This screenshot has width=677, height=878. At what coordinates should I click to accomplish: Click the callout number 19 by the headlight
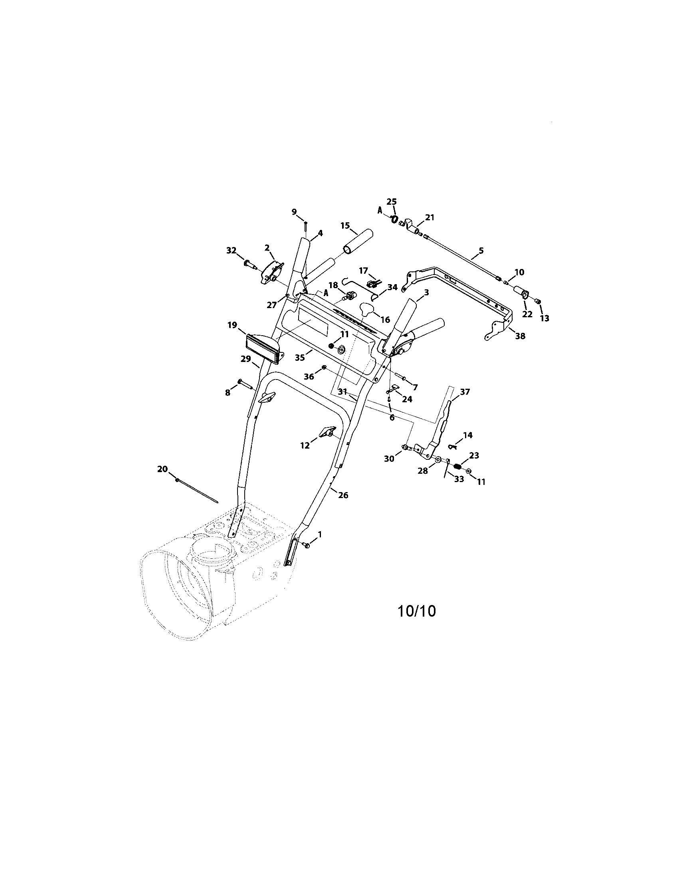pyautogui.click(x=232, y=325)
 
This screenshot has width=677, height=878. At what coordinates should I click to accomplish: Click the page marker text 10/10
pyautogui.click(x=416, y=622)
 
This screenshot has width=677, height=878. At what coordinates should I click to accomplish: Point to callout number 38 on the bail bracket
pyautogui.click(x=520, y=336)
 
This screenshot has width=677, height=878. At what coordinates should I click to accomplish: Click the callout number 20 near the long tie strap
pyautogui.click(x=162, y=469)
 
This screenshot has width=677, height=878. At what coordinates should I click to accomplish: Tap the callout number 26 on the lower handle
pyautogui.click(x=343, y=495)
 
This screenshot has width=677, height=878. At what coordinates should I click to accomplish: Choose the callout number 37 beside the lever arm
pyautogui.click(x=465, y=392)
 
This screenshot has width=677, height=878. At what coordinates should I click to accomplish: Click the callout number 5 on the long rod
pyautogui.click(x=481, y=251)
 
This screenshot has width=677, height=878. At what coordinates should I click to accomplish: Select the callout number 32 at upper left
pyautogui.click(x=231, y=251)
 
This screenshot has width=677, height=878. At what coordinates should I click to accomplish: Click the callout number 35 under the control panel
pyautogui.click(x=300, y=358)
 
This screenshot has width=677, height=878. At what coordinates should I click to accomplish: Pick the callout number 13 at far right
pyautogui.click(x=544, y=318)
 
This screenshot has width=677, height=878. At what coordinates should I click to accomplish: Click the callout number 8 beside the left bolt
pyautogui.click(x=228, y=392)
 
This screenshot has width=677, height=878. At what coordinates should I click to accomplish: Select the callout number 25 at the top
pyautogui.click(x=392, y=202)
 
